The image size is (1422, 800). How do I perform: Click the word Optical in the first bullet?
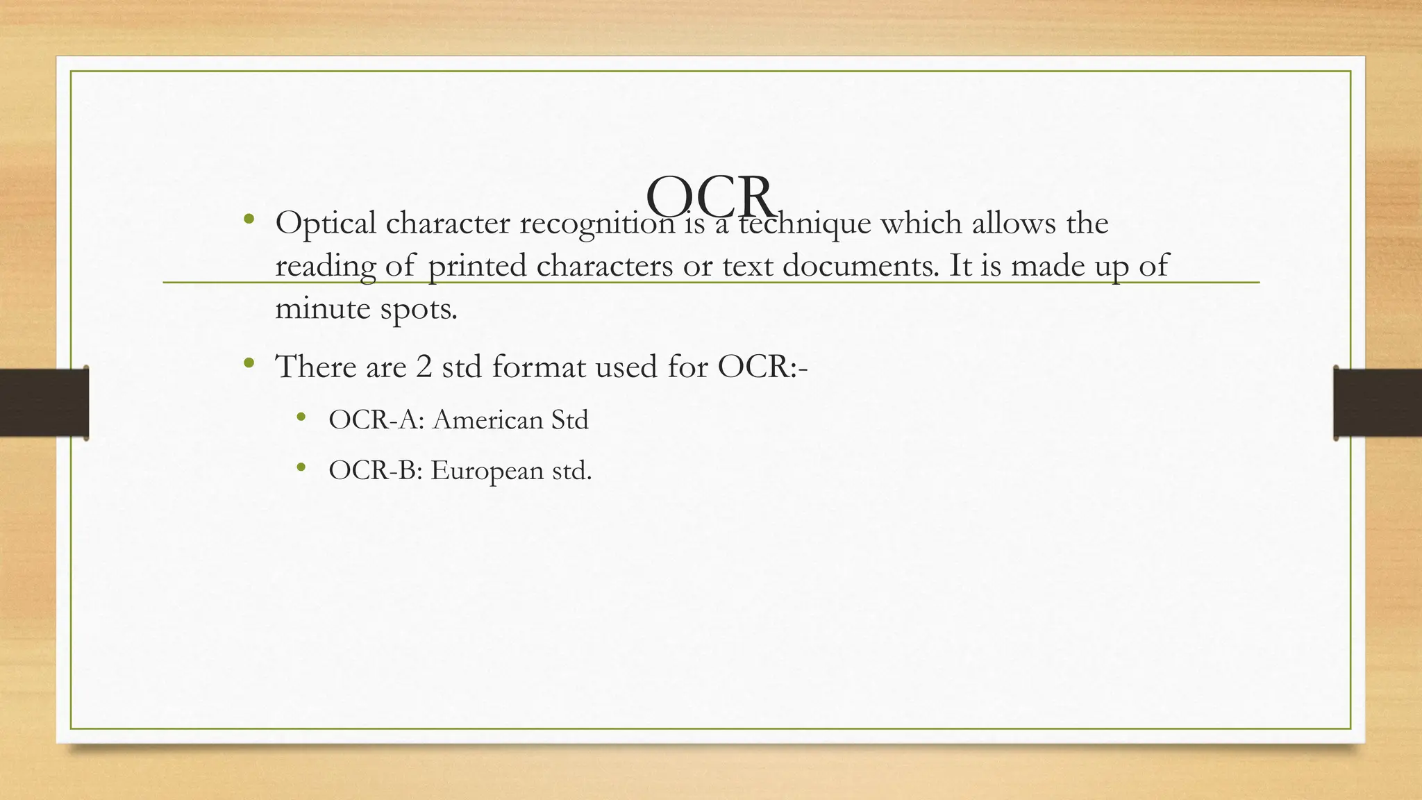click(326, 224)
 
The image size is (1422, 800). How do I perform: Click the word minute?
click(323, 308)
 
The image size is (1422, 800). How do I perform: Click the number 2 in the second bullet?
click(424, 367)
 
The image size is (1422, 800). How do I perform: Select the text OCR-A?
click(376, 420)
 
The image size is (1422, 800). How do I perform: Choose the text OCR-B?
click(375, 471)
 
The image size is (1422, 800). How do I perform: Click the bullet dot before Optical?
click(249, 221)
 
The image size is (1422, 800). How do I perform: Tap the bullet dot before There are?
click(249, 363)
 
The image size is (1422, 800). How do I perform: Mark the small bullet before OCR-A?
click(301, 417)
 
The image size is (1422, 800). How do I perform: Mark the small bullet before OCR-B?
click(301, 468)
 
